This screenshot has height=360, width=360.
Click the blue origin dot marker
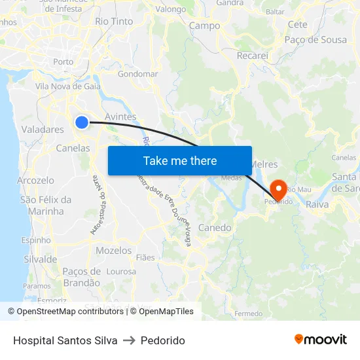coord(82,122)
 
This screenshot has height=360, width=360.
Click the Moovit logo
coord(320,340)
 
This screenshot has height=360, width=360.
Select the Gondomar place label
coord(137,74)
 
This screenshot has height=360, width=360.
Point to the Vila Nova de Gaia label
coord(67,86)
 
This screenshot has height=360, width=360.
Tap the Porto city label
coord(63,62)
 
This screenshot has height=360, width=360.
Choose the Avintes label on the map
coord(120,117)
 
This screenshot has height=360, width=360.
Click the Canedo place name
coord(214,228)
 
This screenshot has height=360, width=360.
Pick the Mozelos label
coord(114,251)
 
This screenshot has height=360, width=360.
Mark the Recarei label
coord(253,56)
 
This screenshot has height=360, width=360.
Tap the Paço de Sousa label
coord(315,40)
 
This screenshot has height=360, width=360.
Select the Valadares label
coord(43,130)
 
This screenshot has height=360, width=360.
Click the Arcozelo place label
coord(35,180)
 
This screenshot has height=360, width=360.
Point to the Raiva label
coord(317,204)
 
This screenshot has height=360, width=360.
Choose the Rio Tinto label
coord(114,22)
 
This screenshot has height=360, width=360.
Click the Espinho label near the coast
coord(36,240)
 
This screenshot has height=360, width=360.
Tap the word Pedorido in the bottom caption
coord(163,340)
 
